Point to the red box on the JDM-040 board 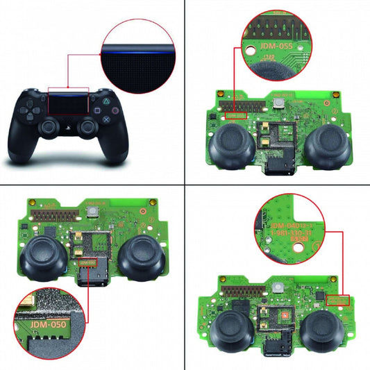pyautogui.click(x=338, y=299)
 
